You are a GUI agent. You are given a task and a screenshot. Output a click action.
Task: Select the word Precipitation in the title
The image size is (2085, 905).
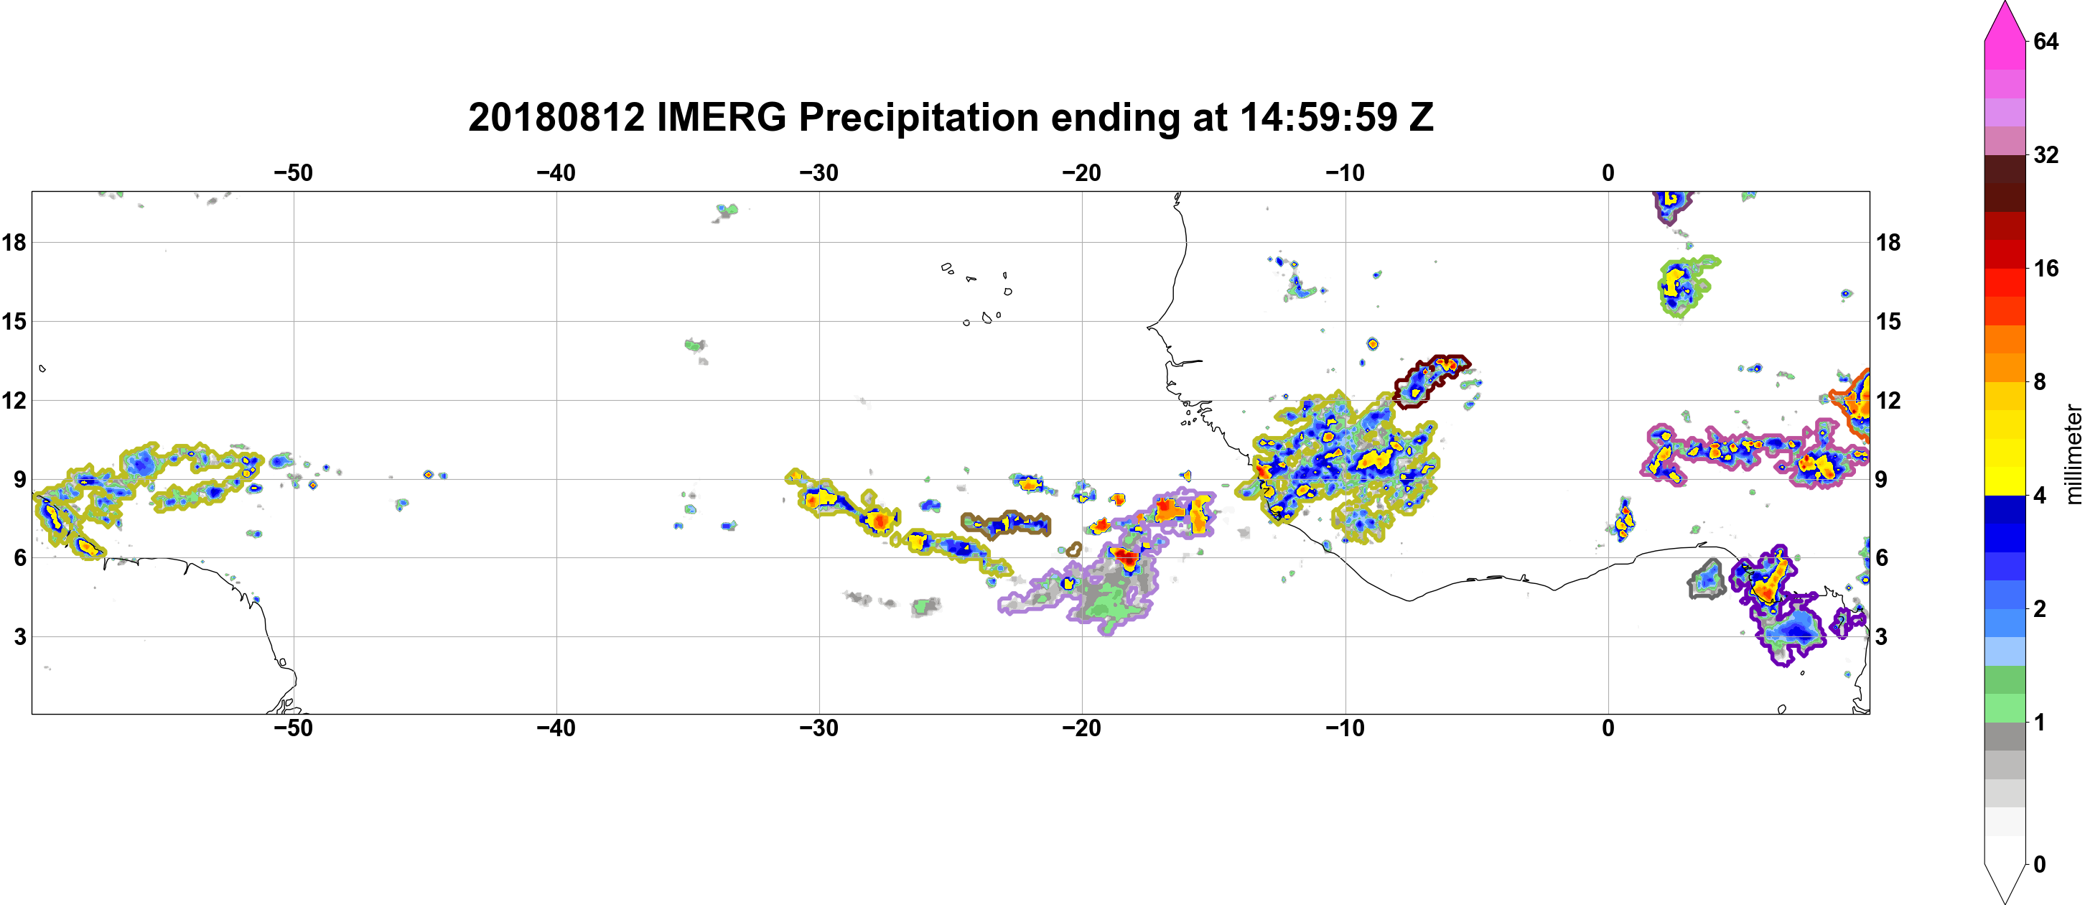pos(919,119)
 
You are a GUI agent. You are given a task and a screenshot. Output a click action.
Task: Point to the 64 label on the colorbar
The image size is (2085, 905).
pos(2046,41)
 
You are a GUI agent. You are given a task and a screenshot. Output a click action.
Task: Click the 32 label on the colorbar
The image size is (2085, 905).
pos(2046,154)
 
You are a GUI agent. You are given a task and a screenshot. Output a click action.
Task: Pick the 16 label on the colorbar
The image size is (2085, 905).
pos(2046,268)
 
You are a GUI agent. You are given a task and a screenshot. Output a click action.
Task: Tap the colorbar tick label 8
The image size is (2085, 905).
pos(2040,381)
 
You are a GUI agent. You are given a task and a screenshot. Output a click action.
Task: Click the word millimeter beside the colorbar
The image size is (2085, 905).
pos(2073,455)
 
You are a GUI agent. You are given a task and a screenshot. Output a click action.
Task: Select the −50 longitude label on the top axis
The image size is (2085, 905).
pos(293,173)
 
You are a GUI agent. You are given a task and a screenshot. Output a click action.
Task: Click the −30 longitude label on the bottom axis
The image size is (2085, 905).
pos(819,728)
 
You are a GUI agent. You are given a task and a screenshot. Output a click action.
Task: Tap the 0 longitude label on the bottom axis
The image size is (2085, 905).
pos(1608,728)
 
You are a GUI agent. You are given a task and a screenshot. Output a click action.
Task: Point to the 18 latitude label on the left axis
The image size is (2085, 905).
pos(14,242)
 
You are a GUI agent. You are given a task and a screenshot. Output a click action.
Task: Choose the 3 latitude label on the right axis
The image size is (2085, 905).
pos(1882,637)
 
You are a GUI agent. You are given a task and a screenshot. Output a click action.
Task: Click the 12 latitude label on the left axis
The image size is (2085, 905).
pos(14,401)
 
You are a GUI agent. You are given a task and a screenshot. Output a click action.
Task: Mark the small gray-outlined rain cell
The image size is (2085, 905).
pos(1707,580)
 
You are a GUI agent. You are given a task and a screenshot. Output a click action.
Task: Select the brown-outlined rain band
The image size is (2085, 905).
pos(1006,524)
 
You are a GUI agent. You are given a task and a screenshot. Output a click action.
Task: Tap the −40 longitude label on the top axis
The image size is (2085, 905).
pos(556,173)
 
